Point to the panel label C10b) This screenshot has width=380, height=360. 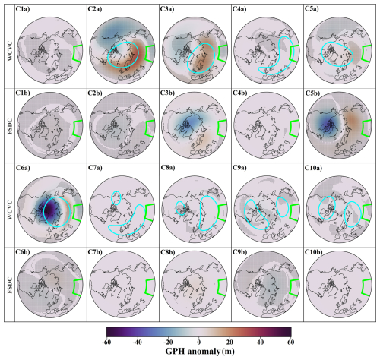[319, 251]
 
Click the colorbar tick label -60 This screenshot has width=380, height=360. [107, 341]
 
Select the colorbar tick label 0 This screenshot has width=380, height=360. [199, 341]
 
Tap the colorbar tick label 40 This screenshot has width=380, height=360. [260, 341]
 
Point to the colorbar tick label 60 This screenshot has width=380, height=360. [290, 341]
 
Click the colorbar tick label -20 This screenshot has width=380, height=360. [168, 341]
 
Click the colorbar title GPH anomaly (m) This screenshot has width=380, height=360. [199, 353]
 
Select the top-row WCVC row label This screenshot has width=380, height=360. [7, 46]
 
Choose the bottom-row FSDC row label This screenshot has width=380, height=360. [7, 283]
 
